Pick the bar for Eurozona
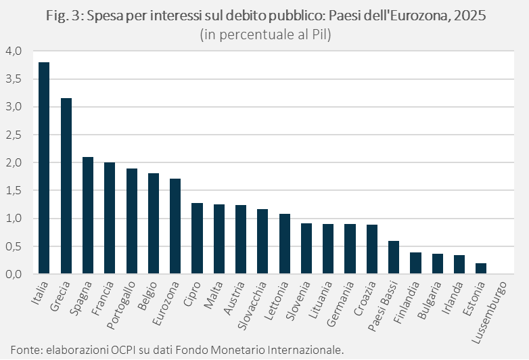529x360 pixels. (175, 226)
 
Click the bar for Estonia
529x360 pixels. (481, 269)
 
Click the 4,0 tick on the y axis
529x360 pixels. (14, 51)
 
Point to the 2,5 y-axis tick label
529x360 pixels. (14, 135)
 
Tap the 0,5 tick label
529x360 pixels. (14, 246)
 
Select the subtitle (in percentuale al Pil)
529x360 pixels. (264, 35)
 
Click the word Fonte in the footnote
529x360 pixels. (25, 349)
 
